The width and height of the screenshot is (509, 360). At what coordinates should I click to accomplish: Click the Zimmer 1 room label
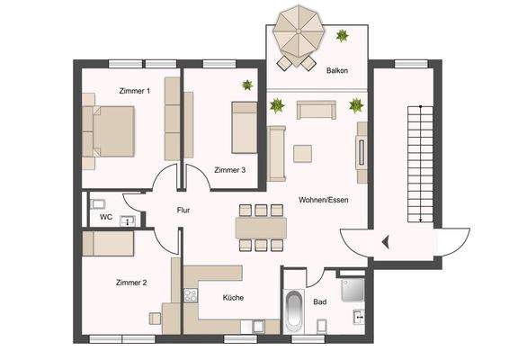[135, 91]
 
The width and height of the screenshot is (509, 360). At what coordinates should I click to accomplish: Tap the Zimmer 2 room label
[131, 283]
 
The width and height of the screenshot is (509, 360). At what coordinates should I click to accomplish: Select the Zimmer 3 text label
[230, 169]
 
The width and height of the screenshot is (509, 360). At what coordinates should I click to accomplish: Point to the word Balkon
[337, 69]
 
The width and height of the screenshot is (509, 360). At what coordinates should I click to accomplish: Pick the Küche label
[234, 298]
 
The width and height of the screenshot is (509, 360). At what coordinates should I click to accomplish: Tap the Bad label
[320, 302]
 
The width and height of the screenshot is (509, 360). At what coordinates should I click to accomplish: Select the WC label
[106, 217]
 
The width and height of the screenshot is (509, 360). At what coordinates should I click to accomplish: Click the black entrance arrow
[384, 240]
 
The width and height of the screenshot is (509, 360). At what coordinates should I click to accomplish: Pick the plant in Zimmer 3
[246, 85]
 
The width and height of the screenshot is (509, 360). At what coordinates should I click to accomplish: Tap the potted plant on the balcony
[342, 36]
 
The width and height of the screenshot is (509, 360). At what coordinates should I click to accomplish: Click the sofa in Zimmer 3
[244, 127]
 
